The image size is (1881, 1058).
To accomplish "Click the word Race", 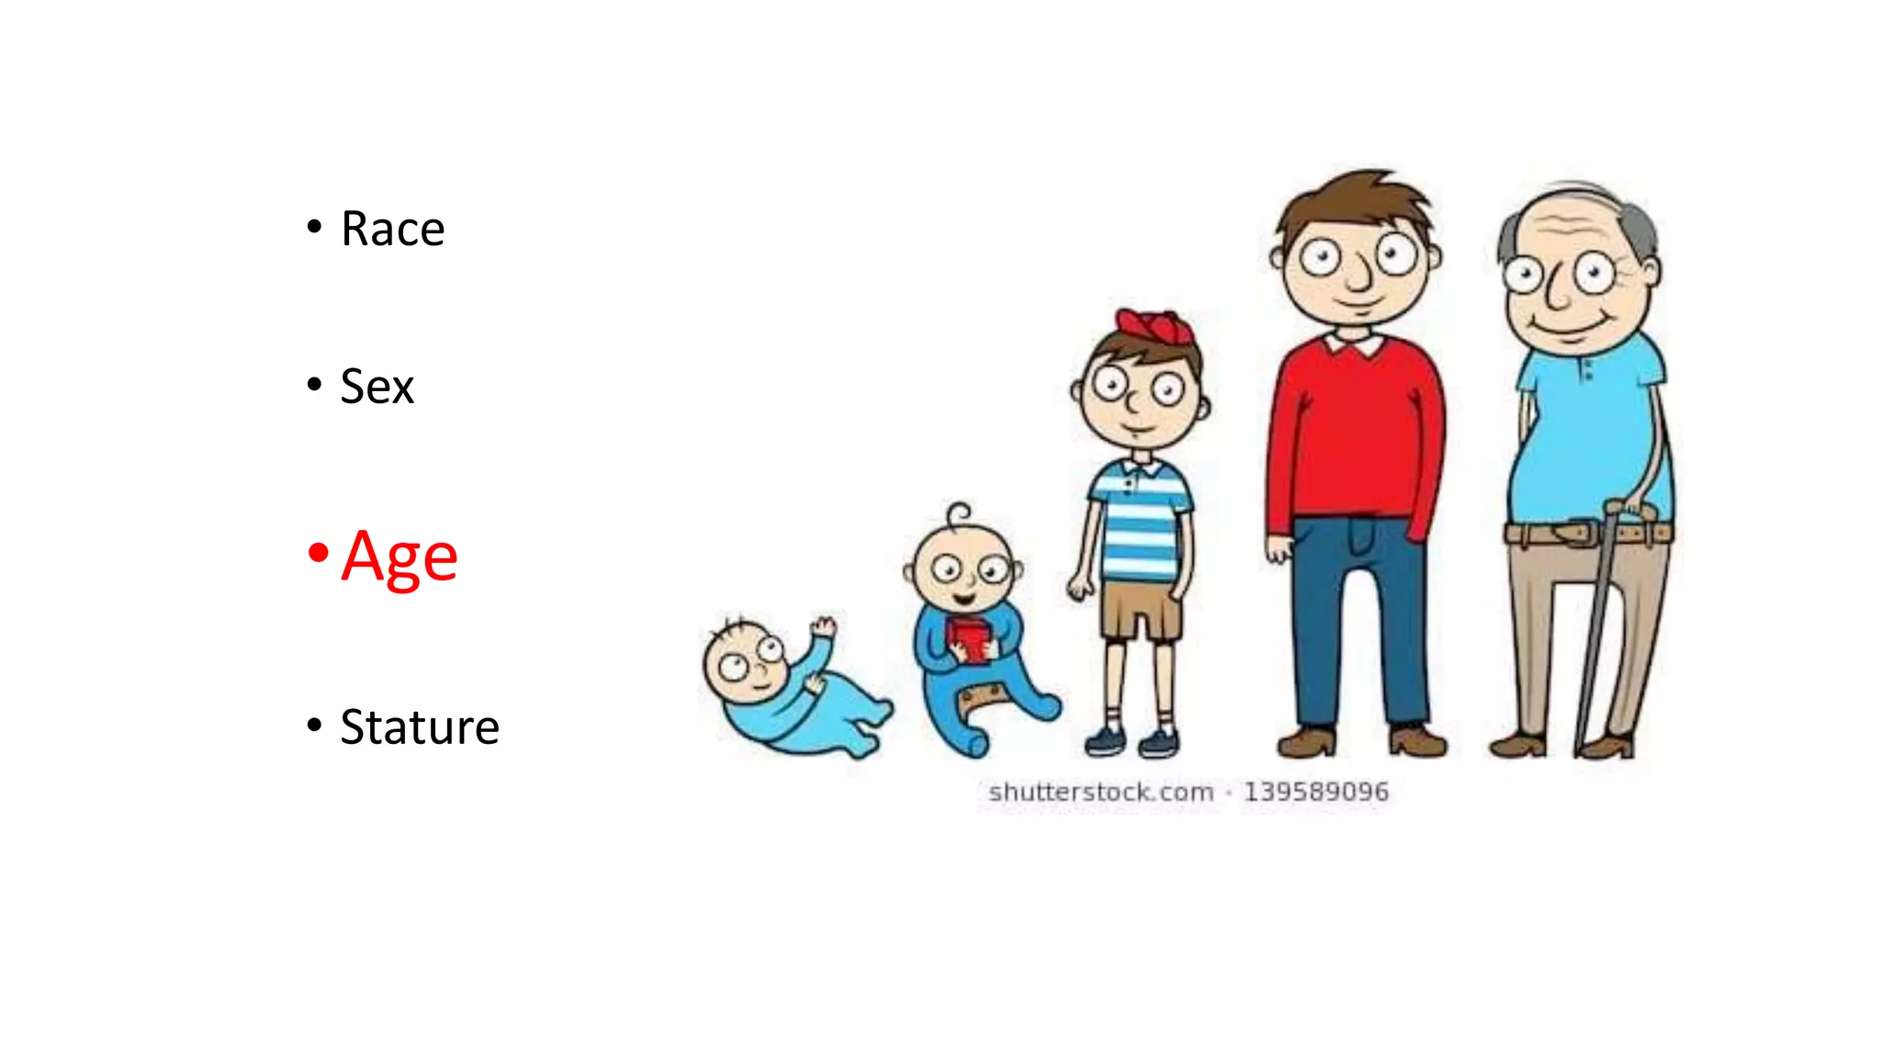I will click(392, 229).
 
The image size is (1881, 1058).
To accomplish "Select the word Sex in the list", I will click(377, 387).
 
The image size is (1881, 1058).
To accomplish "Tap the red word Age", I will click(400, 557).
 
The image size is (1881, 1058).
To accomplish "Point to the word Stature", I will click(420, 727).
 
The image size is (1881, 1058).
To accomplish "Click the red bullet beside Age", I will click(318, 553).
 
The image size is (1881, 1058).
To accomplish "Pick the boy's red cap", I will click(1154, 326).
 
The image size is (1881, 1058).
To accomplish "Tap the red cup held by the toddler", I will click(969, 638).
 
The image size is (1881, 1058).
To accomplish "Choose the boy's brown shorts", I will click(1139, 611).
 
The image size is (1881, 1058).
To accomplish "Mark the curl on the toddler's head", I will click(959, 512).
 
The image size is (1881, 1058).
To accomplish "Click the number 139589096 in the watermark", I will click(1315, 792).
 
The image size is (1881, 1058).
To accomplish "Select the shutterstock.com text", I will click(1100, 792).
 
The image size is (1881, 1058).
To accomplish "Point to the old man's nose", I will click(1558, 289).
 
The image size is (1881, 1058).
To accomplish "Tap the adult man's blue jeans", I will click(1359, 625).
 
